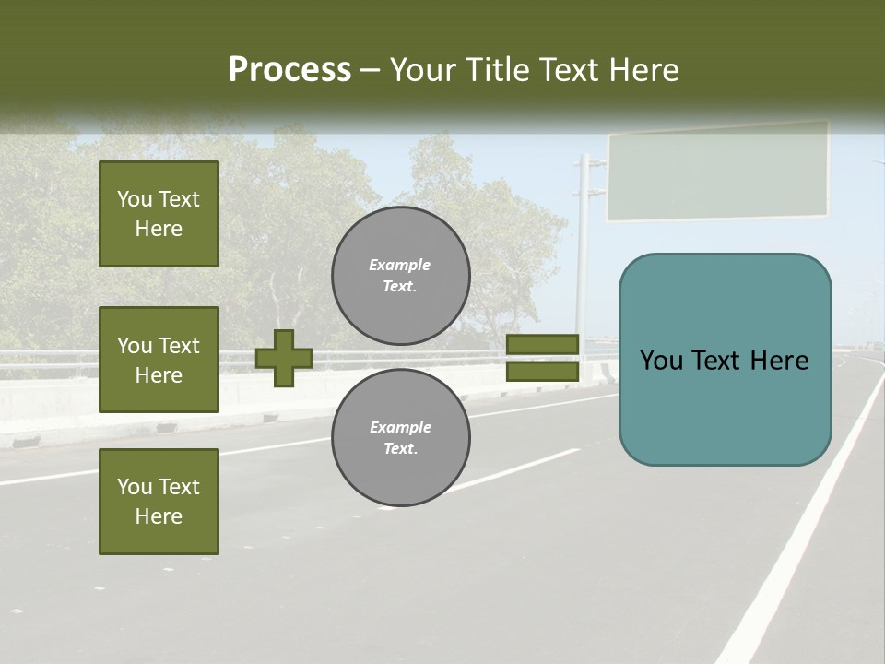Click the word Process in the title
point(289,69)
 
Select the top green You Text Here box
point(159,214)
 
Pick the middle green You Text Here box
point(159,360)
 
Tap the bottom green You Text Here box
point(159,502)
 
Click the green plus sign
point(284,358)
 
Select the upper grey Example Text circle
point(401,275)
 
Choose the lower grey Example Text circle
point(401,437)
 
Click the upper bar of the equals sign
point(542,345)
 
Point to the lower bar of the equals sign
point(542,371)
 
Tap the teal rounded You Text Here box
point(725,360)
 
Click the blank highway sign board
point(717,172)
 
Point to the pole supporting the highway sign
point(582,249)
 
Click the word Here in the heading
point(643,70)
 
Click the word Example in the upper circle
point(400,265)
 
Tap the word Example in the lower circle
point(400,427)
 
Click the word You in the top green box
point(134,199)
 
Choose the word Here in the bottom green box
point(159,516)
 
